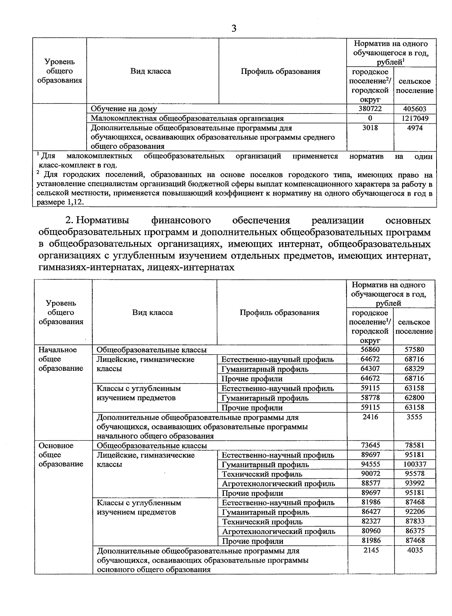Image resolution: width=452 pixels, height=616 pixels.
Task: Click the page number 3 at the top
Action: click(234, 29)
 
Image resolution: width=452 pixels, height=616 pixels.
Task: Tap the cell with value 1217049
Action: click(415, 118)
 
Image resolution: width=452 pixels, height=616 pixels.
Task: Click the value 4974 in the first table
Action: click(415, 128)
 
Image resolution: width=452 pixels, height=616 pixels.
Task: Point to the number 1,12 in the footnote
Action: click(76, 202)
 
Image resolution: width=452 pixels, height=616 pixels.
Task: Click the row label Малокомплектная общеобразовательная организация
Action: click(187, 118)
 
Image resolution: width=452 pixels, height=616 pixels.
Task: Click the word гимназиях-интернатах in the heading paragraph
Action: click(87, 267)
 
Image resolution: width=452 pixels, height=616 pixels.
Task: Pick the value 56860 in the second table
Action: click(370, 349)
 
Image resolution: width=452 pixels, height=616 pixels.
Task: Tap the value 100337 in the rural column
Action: click(414, 464)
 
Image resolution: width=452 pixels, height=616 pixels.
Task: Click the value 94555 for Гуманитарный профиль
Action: click(370, 464)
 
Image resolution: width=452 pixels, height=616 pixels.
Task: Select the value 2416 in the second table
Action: click(370, 417)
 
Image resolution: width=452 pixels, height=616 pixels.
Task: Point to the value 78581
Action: click(414, 445)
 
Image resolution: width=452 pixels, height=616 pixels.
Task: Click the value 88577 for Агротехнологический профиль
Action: click(370, 483)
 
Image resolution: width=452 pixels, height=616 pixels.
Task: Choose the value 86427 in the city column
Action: click(370, 512)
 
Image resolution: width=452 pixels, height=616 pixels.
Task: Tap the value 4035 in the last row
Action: click(414, 550)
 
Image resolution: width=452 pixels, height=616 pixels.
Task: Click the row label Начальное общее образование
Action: click(61, 359)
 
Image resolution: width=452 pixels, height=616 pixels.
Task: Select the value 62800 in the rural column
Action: click(414, 398)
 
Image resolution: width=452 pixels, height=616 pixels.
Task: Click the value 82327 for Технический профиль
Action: click(370, 522)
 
